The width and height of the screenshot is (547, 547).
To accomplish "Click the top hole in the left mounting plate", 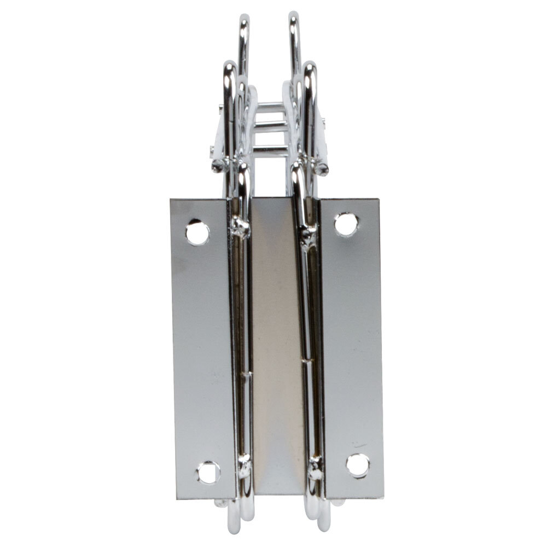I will (197, 232).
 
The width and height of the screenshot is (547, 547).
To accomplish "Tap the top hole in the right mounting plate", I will (346, 224).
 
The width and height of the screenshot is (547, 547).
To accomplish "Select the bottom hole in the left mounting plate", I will (208, 472).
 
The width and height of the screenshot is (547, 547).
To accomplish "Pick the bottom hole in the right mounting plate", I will (357, 465).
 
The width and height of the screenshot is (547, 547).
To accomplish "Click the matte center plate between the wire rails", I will (277, 345).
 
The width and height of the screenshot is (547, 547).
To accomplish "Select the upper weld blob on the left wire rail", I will (240, 226).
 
